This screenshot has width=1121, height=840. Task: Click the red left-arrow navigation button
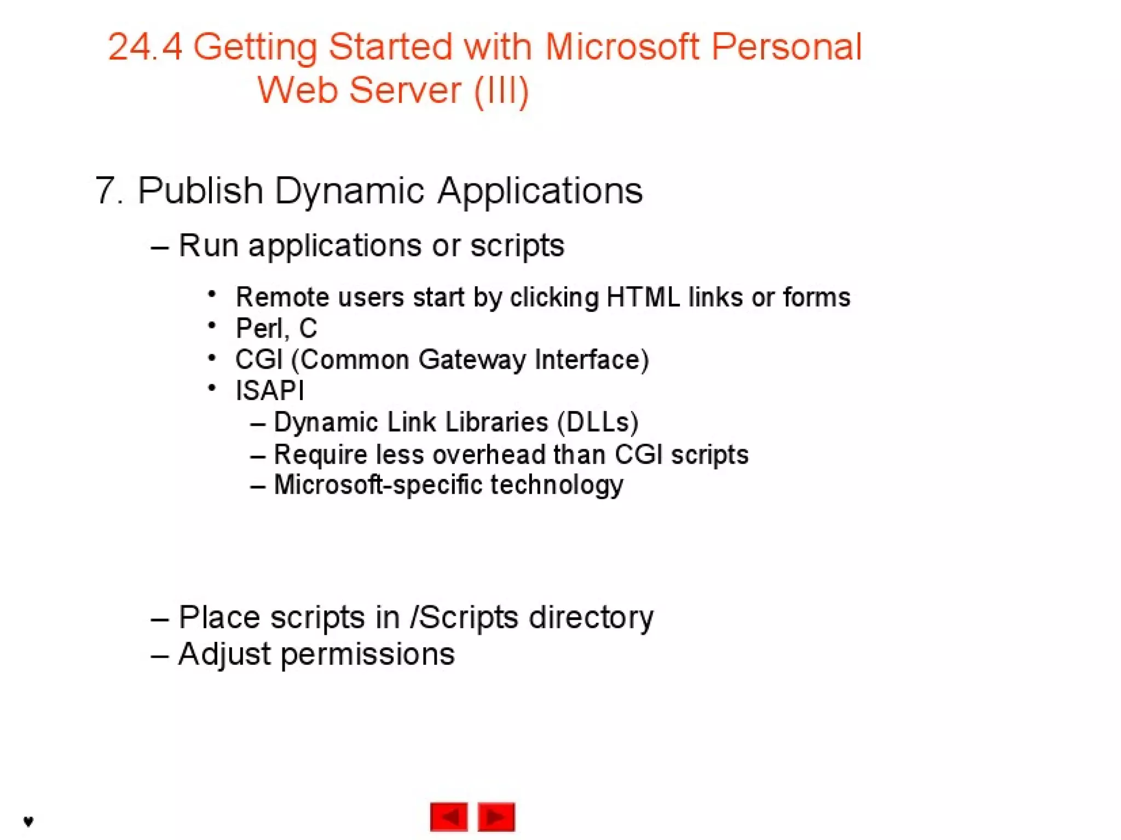click(449, 816)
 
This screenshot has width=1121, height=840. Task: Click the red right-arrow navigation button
click(496, 816)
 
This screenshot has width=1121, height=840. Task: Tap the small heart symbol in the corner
click(28, 821)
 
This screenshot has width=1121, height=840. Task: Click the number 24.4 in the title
click(145, 47)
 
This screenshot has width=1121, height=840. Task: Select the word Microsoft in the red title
click(622, 47)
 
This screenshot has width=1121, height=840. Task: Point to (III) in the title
click(501, 91)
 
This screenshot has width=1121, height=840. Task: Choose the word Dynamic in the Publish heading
click(349, 191)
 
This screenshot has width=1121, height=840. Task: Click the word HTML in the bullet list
click(643, 298)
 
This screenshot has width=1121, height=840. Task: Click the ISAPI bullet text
click(269, 391)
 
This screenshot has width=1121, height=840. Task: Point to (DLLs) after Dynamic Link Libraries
click(598, 422)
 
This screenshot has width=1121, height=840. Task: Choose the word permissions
click(367, 654)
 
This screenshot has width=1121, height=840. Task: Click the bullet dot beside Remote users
click(212, 294)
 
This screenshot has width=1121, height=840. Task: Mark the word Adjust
click(224, 654)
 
